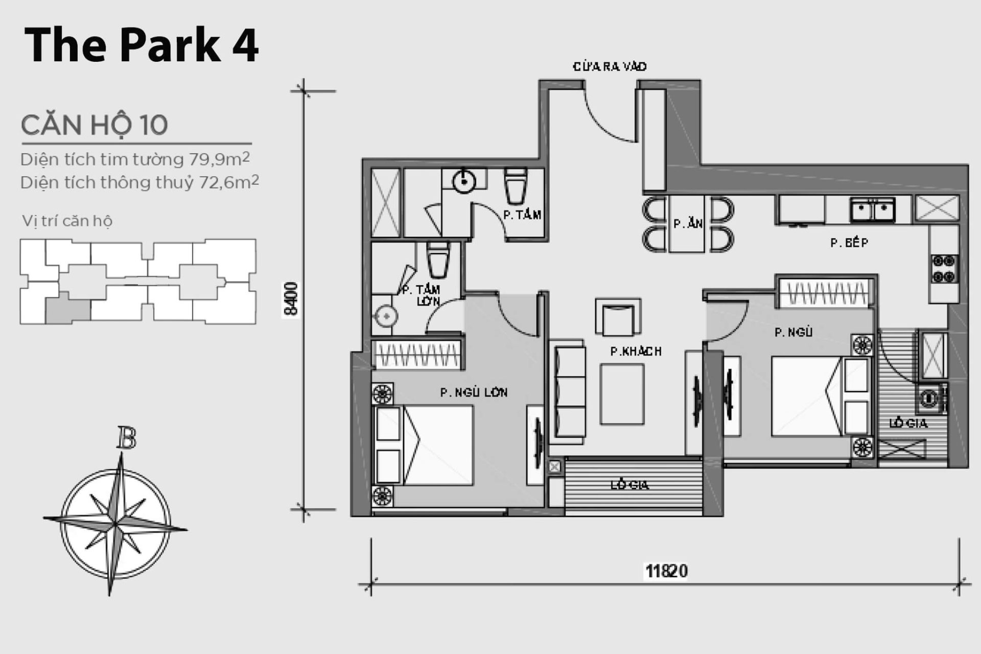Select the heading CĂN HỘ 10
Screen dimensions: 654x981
pyautogui.click(x=95, y=125)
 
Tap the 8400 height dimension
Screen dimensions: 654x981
pyautogui.click(x=291, y=299)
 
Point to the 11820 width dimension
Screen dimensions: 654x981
pyautogui.click(x=666, y=570)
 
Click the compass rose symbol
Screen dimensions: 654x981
pyautogui.click(x=115, y=523)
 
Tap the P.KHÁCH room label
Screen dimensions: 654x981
pyautogui.click(x=636, y=352)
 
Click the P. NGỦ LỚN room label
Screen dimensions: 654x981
pyautogui.click(x=474, y=392)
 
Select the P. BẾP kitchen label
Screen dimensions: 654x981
pyautogui.click(x=849, y=243)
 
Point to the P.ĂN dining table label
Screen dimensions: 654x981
pyautogui.click(x=688, y=224)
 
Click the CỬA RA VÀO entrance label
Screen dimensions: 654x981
pyautogui.click(x=610, y=67)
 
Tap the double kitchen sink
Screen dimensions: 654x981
pyautogui.click(x=872, y=209)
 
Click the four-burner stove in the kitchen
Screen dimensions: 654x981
pyautogui.click(x=943, y=269)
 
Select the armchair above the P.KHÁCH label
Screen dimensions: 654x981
pyautogui.click(x=618, y=318)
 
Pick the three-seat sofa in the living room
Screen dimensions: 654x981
pyautogui.click(x=569, y=391)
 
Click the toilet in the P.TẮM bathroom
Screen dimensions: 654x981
pyautogui.click(x=515, y=186)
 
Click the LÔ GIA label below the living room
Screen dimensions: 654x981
pyautogui.click(x=629, y=485)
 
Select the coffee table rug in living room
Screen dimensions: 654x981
pyautogui.click(x=622, y=394)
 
